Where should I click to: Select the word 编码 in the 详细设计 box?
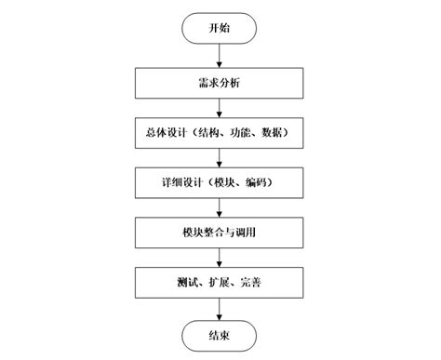(x=260, y=182)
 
